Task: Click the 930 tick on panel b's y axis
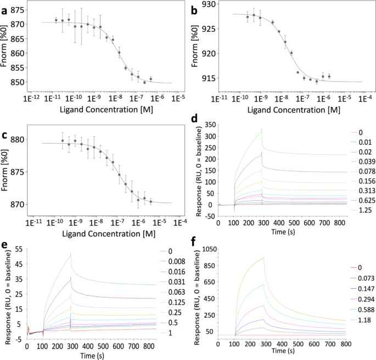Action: (209, 4)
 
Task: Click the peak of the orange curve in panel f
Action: (264, 257)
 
